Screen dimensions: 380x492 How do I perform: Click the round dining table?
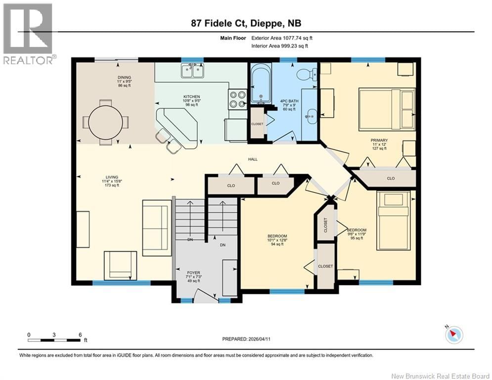coord(105,122)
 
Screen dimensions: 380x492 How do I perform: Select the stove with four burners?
coord(237,98)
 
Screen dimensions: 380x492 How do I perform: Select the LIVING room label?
coord(112,177)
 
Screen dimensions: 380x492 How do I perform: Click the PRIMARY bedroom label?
coord(379,140)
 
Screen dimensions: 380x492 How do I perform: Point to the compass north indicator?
coord(452,334)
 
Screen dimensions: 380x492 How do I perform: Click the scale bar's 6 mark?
coord(80,334)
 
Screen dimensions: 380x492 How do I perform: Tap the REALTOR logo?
coord(28,34)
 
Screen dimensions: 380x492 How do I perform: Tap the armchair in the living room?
coord(120,265)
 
